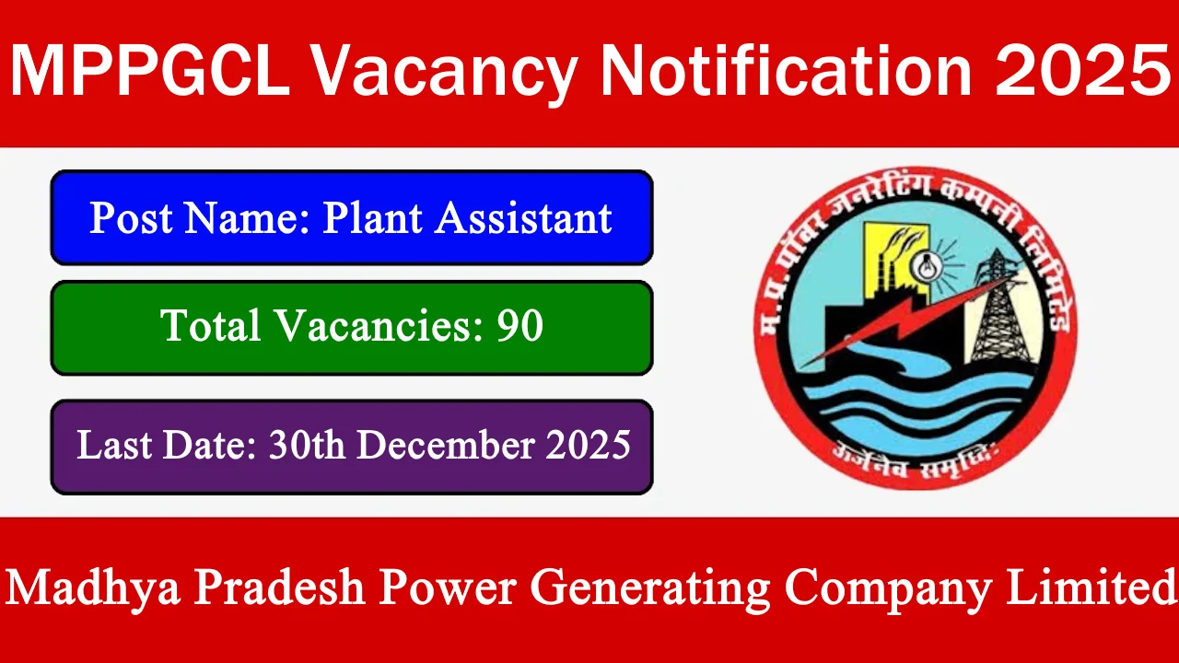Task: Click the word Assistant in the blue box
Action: tap(523, 218)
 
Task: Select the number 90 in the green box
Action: tap(519, 326)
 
